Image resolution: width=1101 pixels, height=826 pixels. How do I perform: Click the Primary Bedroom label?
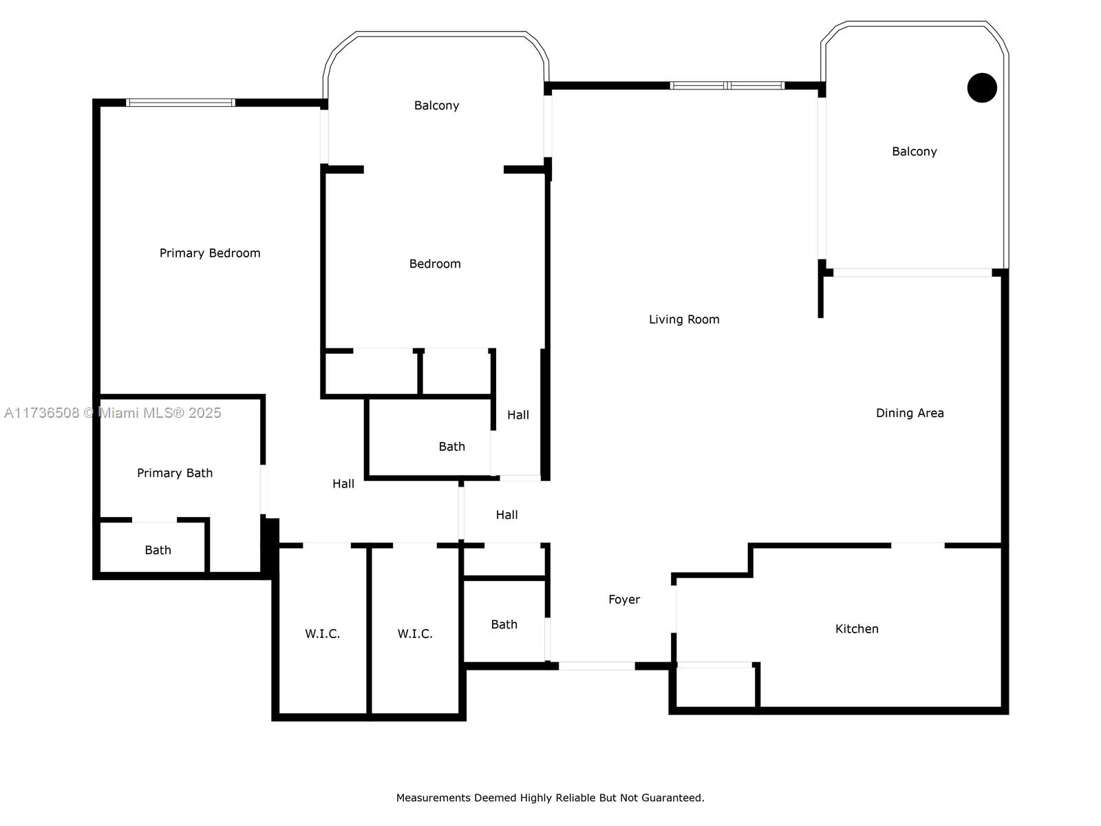coord(210,253)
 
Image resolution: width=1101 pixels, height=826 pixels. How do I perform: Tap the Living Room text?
coord(684,319)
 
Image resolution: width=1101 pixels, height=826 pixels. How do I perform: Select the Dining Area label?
coord(910,413)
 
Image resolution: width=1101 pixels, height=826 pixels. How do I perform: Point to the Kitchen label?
coord(856,629)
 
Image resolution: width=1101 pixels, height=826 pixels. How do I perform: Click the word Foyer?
coord(624,600)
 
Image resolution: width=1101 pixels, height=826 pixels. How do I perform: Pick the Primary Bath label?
coord(175,473)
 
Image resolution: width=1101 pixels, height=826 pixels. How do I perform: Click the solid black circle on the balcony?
coord(982,88)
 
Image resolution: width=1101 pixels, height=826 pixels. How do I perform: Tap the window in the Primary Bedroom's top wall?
coord(180,103)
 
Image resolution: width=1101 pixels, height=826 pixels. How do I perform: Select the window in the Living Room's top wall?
coord(727,86)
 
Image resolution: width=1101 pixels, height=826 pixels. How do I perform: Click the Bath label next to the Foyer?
coord(504,624)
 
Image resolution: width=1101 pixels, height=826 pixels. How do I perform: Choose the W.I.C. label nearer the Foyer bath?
coord(415,634)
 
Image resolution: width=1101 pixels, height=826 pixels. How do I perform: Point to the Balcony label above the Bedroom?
coord(436,105)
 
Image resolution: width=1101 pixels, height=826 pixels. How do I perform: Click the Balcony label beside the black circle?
coord(914,151)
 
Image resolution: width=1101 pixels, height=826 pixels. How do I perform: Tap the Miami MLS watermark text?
coord(112,413)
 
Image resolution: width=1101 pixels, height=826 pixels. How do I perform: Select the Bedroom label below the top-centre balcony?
coord(435,264)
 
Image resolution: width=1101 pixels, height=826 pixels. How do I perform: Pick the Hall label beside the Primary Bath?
coord(343,484)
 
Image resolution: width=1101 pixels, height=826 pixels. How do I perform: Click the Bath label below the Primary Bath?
coord(158,550)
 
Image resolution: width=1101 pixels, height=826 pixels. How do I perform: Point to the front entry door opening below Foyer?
coord(597,666)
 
